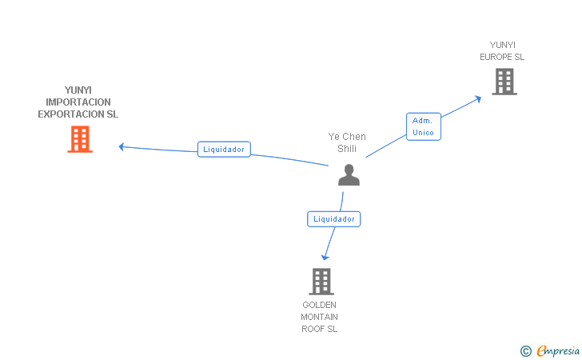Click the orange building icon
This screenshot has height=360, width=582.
[79, 139]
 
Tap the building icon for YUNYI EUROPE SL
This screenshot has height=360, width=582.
[504, 82]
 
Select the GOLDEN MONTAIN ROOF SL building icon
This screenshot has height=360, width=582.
[321, 281]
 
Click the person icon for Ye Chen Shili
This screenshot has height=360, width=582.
[349, 174]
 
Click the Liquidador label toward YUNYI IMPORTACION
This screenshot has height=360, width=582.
[224, 149]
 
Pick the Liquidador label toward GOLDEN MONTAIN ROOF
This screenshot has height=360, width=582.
[334, 218]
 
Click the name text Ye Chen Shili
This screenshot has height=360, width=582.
[347, 142]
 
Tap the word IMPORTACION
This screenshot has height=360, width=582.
[78, 102]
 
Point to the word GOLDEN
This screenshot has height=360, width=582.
[320, 305]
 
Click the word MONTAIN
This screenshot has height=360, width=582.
[320, 317]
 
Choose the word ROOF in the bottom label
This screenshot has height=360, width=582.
[312, 329]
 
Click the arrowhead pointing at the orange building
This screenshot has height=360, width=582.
[122, 146]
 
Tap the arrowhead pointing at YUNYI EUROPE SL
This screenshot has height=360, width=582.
[478, 98]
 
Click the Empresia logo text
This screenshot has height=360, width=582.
[558, 350]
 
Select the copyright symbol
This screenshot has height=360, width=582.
[525, 350]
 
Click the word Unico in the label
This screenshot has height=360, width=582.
[424, 132]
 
